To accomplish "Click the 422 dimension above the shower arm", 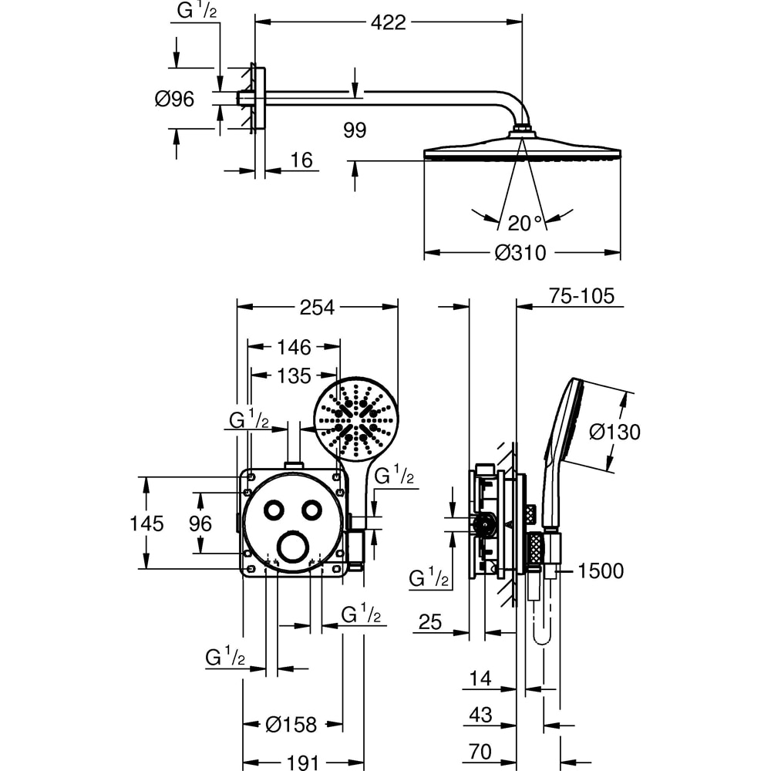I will pyautogui.click(x=388, y=23).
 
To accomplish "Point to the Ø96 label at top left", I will pyautogui.click(x=174, y=99).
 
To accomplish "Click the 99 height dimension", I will pyautogui.click(x=355, y=130).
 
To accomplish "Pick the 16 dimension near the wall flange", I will pyautogui.click(x=302, y=160).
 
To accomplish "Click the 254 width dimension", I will pyautogui.click(x=317, y=307).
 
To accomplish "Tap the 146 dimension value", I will pyautogui.click(x=293, y=346).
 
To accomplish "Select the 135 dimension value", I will pyautogui.click(x=293, y=375).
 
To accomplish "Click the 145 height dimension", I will pyautogui.click(x=146, y=524).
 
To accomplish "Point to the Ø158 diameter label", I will pyautogui.click(x=291, y=725).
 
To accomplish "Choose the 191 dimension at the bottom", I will pyautogui.click(x=302, y=763).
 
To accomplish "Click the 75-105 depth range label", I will pyautogui.click(x=582, y=296).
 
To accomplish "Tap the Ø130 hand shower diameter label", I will pyautogui.click(x=614, y=432).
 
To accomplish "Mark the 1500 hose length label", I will pyautogui.click(x=600, y=571).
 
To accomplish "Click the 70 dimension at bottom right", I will pyautogui.click(x=480, y=752).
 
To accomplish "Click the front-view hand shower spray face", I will pyautogui.click(x=356, y=419).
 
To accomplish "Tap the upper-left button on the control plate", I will pyautogui.click(x=274, y=510).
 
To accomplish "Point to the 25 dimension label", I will pyautogui.click(x=430, y=621).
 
